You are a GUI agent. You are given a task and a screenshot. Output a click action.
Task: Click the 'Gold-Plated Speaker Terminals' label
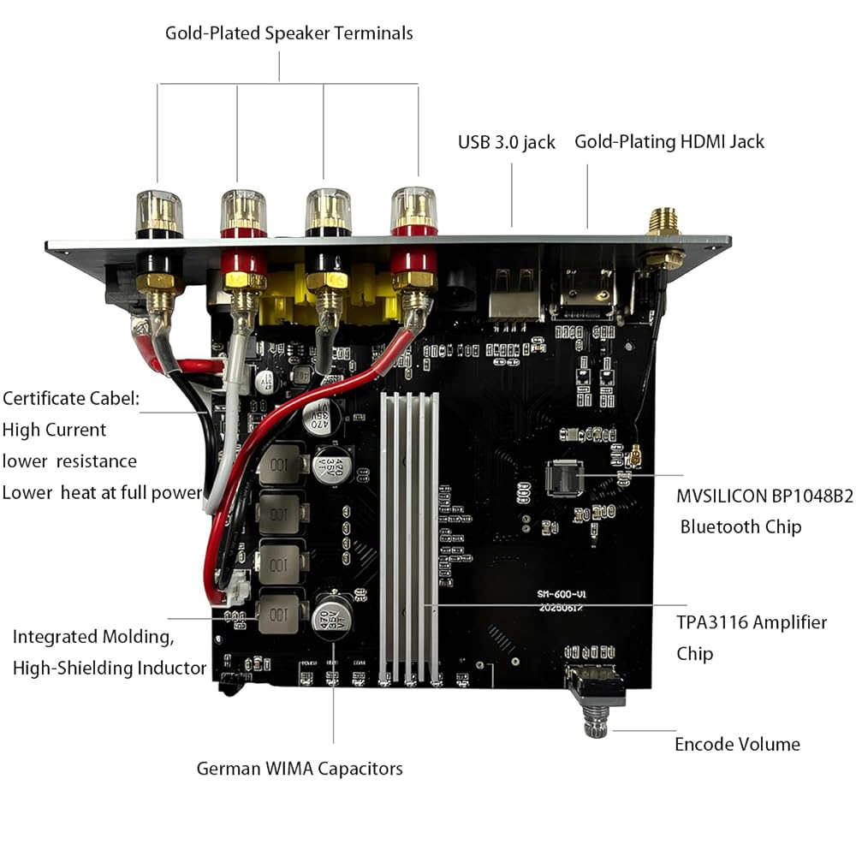click(x=288, y=33)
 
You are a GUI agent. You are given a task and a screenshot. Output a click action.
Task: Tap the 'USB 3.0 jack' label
click(x=506, y=142)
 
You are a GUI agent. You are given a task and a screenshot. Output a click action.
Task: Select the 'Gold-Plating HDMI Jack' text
click(x=669, y=141)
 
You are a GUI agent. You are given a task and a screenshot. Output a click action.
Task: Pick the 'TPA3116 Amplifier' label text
click(x=752, y=622)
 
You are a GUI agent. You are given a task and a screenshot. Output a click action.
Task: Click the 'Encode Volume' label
click(x=737, y=744)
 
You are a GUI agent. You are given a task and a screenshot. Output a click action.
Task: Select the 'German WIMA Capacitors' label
click(x=299, y=768)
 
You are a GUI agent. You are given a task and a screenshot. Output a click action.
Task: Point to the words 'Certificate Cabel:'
click(x=70, y=398)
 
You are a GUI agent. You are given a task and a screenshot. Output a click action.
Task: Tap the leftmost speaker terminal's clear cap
click(x=158, y=211)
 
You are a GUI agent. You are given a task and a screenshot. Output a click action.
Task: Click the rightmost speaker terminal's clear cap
click(x=414, y=208)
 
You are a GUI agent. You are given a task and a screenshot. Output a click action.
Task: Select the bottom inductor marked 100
click(x=280, y=611)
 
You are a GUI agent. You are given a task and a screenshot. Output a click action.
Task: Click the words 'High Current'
click(x=54, y=430)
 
